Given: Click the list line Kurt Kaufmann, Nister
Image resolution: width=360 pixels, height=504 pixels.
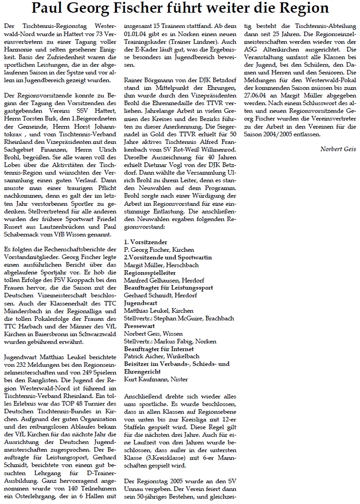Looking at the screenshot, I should click(x=149, y=379).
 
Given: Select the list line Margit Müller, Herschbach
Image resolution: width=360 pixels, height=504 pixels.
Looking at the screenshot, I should click(x=154, y=265).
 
